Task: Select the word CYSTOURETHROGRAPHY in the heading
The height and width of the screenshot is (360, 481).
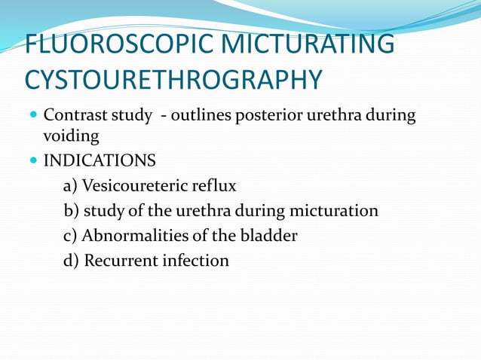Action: tap(173, 79)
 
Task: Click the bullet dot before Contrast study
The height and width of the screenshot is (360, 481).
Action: tap(33, 117)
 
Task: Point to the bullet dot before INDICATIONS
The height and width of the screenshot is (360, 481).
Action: tap(33, 161)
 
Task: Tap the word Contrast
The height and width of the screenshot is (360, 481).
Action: tap(74, 117)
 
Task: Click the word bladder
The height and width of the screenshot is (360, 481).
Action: tap(268, 236)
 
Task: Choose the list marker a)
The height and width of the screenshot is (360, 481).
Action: tap(70, 185)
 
